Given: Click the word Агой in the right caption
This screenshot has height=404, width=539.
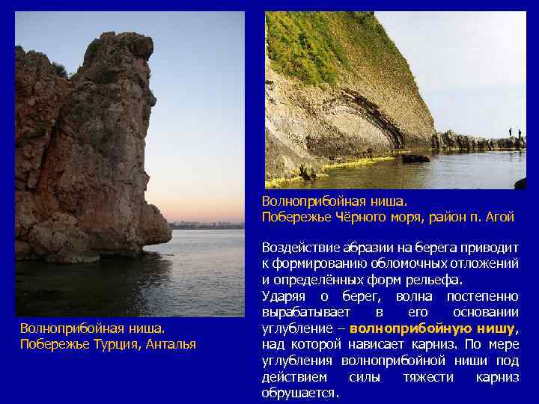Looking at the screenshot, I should (x=499, y=217).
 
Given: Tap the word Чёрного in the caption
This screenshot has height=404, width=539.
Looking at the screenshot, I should (x=356, y=217).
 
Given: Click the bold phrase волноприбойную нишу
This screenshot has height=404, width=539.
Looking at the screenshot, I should (x=433, y=328).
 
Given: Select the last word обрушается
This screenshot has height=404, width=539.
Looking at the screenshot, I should (x=299, y=392).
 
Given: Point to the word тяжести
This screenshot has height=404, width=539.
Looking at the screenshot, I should (x=430, y=376).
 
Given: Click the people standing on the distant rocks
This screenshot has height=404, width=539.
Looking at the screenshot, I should (x=514, y=133).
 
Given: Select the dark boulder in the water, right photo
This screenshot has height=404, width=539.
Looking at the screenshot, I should (x=415, y=159).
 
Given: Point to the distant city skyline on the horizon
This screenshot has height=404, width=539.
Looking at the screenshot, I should (x=206, y=224).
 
